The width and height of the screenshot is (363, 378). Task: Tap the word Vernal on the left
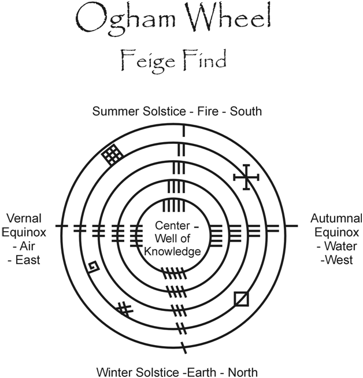click(24, 218)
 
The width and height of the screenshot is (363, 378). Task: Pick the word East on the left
click(25, 260)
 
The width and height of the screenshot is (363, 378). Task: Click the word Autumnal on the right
click(336, 218)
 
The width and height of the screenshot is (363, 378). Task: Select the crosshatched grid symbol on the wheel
click(112, 153)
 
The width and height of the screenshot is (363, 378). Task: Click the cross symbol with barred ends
click(247, 177)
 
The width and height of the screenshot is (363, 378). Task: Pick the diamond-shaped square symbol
click(242, 299)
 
